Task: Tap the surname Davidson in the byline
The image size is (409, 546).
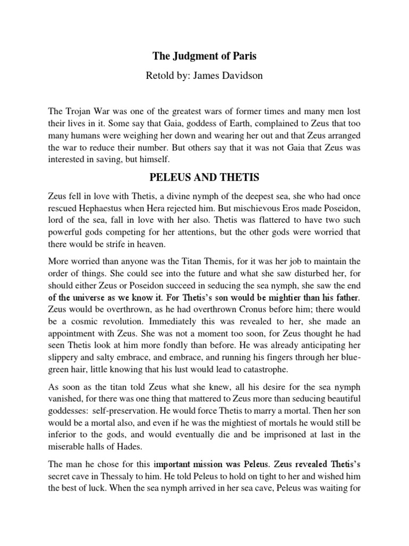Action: click(x=237, y=76)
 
